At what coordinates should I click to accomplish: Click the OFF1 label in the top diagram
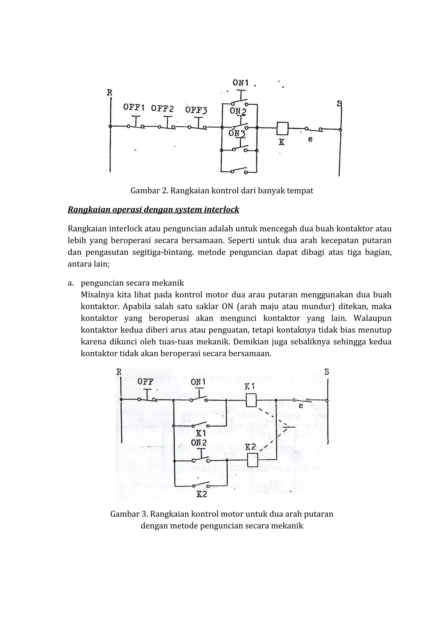pyautogui.click(x=134, y=107)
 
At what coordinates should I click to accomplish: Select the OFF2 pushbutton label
pyautogui.click(x=163, y=109)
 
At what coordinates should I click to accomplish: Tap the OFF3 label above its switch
pyautogui.click(x=196, y=110)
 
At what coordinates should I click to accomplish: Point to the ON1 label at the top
pyautogui.click(x=240, y=83)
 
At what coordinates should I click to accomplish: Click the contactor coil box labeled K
pyautogui.click(x=282, y=128)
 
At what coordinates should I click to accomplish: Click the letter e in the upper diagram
pyautogui.click(x=310, y=139)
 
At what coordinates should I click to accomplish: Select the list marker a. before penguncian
pyautogui.click(x=71, y=283)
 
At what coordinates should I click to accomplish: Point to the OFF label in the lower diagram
pyautogui.click(x=145, y=382)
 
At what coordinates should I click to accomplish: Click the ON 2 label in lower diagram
pyautogui.click(x=199, y=442)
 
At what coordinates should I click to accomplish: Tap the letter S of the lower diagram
pyautogui.click(x=327, y=372)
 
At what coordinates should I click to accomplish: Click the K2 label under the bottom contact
pyautogui.click(x=202, y=494)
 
